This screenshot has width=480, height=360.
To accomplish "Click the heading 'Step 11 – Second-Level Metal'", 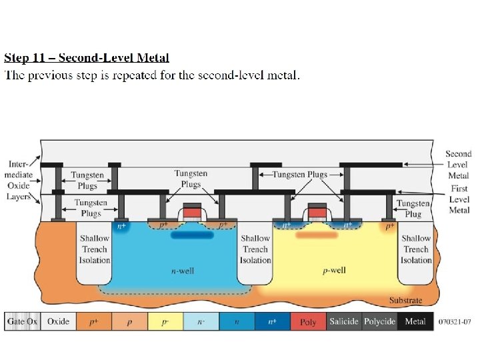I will point(87,58).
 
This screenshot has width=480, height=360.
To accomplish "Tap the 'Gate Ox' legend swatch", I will point(23,321).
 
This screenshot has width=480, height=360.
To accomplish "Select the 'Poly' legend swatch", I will point(308,321).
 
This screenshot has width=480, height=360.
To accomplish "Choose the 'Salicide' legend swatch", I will point(344,321).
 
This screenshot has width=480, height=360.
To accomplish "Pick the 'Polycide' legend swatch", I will point(380,321).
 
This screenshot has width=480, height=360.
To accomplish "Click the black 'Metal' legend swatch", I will point(416,321).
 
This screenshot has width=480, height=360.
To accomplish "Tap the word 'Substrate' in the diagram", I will point(405,301).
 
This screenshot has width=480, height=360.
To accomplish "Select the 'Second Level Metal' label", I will point(459,164).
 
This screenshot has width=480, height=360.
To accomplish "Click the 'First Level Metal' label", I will point(459,199).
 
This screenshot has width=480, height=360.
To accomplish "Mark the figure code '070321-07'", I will point(455,322).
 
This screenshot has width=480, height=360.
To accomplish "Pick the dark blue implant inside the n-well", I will point(193,235).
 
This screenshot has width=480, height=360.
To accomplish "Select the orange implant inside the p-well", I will point(317,235).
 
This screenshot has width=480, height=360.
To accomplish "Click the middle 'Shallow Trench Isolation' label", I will point(255,249).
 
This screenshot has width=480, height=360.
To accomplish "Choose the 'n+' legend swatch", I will point(272,321).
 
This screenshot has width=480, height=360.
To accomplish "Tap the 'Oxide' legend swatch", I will point(58,321).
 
